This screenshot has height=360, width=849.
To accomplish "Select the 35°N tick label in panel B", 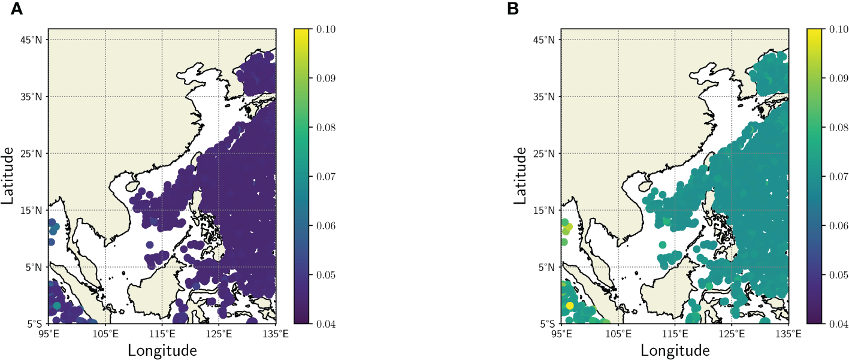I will [x=546, y=96].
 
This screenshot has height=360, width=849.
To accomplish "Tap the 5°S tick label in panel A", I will [x=35, y=324].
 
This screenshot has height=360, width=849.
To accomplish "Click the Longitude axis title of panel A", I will [x=162, y=349].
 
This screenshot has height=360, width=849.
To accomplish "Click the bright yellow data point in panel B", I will [x=569, y=305].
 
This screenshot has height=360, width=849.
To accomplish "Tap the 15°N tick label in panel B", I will [x=546, y=210].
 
